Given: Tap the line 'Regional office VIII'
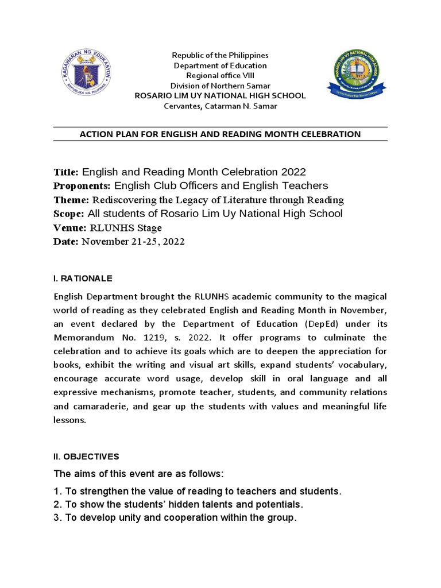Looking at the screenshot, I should click(x=220, y=76).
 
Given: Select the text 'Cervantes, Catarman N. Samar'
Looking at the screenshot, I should click(x=220, y=106).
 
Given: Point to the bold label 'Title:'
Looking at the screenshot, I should click(x=67, y=172).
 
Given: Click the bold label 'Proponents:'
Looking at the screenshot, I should click(x=82, y=186).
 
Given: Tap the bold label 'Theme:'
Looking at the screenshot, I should click(x=71, y=200).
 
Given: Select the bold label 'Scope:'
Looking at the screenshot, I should click(x=69, y=214).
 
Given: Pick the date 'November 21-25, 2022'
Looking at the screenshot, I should click(x=133, y=242).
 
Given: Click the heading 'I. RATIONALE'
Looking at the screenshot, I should click(x=83, y=278).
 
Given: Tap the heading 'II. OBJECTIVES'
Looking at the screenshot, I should click(x=86, y=457).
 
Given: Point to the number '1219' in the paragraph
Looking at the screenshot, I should click(x=145, y=337).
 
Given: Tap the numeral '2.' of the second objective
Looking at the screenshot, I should click(x=57, y=504).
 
